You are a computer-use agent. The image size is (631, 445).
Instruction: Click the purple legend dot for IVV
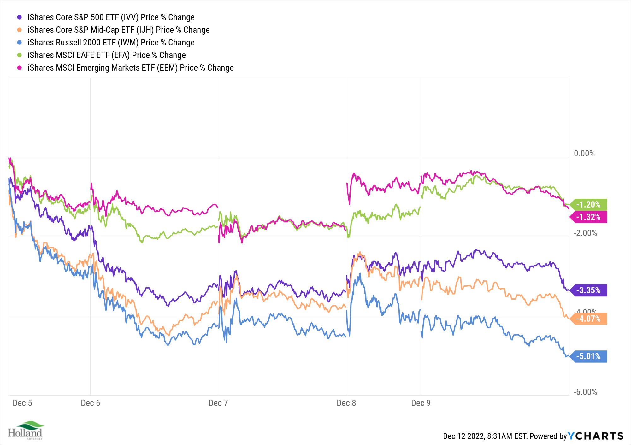[20, 17]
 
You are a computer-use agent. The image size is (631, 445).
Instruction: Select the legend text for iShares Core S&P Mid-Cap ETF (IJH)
[118, 30]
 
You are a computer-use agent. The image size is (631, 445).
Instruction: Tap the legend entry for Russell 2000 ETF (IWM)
[111, 43]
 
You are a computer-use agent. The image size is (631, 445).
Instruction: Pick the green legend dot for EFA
[20, 55]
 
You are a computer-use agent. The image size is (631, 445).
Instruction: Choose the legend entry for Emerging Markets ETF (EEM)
[130, 68]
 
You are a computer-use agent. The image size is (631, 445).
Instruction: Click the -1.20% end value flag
[588, 205]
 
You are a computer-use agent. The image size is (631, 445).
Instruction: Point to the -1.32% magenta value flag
[588, 217]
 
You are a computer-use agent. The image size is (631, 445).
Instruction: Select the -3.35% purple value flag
[588, 290]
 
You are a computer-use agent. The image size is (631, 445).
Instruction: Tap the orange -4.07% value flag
[588, 319]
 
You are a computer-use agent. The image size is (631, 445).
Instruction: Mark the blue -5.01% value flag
[588, 356]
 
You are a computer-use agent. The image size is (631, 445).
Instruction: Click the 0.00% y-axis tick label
[584, 154]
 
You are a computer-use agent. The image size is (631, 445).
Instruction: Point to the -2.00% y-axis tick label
[585, 233]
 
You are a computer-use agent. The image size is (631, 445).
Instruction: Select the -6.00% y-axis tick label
[585, 392]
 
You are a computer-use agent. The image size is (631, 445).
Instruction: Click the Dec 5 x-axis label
[22, 403]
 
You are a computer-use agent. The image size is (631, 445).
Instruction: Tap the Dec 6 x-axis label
[91, 403]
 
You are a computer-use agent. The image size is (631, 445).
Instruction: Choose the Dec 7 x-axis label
[218, 403]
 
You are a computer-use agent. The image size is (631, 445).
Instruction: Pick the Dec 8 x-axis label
[346, 403]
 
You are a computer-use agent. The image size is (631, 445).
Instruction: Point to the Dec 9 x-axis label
[421, 403]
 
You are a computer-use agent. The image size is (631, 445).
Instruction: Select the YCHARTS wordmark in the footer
[596, 436]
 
